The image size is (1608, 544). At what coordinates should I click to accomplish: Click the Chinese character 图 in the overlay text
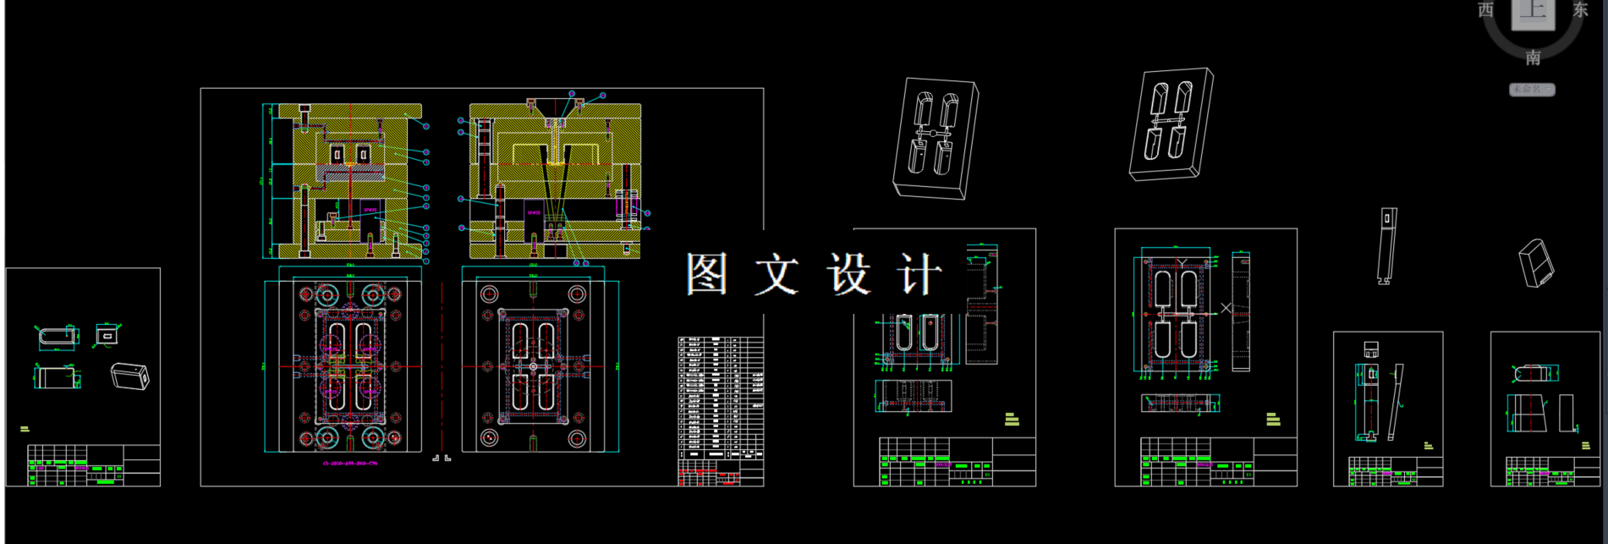click(706, 274)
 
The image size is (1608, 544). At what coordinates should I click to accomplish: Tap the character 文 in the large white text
click(777, 274)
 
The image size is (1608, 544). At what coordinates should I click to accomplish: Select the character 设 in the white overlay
click(848, 274)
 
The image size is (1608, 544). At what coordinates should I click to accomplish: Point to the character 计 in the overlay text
click(919, 274)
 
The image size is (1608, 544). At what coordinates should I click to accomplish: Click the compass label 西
click(1485, 10)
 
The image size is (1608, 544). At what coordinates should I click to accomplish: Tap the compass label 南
click(1533, 58)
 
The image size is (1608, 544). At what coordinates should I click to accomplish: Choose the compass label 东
click(1580, 10)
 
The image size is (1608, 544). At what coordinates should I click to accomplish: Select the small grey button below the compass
click(1531, 89)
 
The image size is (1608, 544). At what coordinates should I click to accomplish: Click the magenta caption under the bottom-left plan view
click(350, 464)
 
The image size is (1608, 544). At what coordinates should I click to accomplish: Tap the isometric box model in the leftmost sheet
click(130, 376)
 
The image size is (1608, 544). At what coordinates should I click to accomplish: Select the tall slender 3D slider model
click(1386, 245)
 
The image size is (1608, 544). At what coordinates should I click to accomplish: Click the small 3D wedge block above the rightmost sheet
click(1536, 263)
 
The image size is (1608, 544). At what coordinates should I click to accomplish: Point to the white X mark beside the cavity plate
click(1226, 309)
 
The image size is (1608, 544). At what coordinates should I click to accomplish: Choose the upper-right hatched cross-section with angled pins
click(555, 181)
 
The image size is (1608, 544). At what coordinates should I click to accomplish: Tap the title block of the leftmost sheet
click(93, 465)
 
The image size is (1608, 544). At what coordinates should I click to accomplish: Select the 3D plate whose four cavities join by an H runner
click(1172, 124)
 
